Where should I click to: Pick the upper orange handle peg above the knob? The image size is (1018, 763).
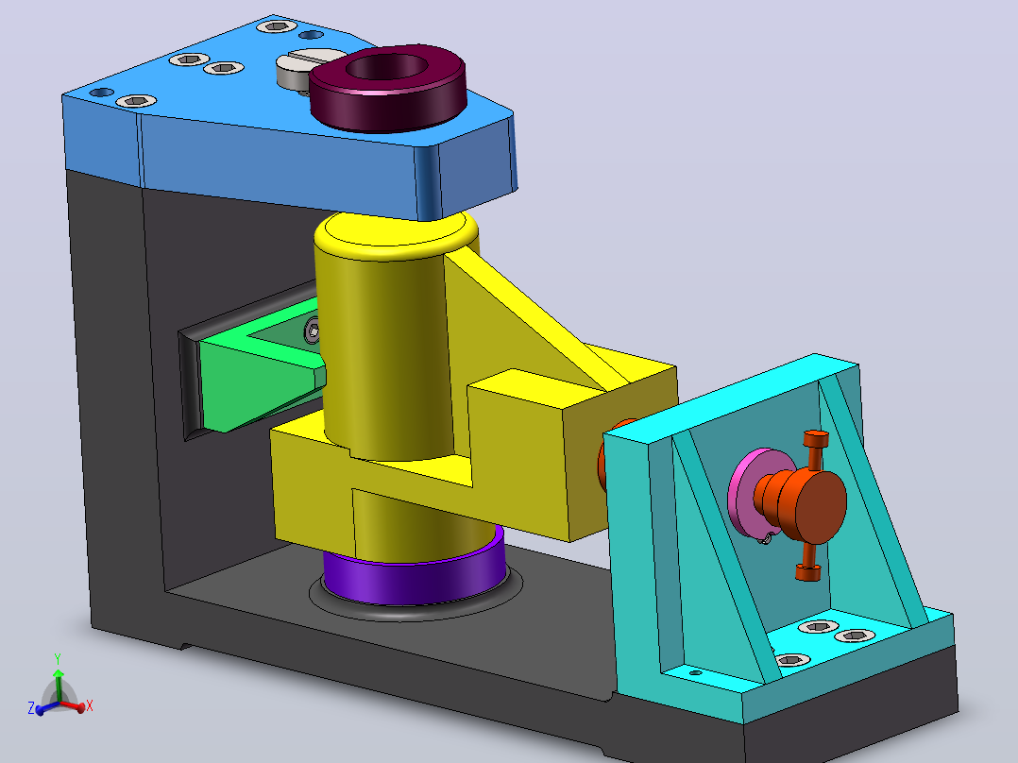(x=816, y=448)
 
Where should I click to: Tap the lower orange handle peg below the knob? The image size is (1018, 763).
(x=807, y=563)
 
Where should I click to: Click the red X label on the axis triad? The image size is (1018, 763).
(x=90, y=705)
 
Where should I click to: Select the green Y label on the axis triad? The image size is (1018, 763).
(x=58, y=658)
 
